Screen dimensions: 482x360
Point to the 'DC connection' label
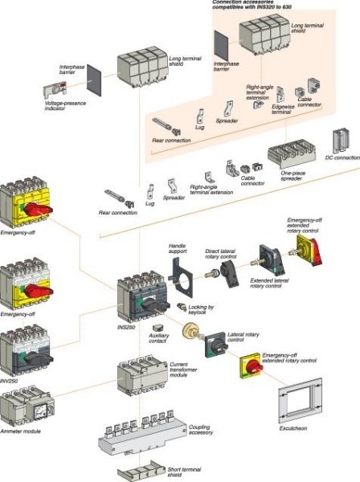click(342, 157)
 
